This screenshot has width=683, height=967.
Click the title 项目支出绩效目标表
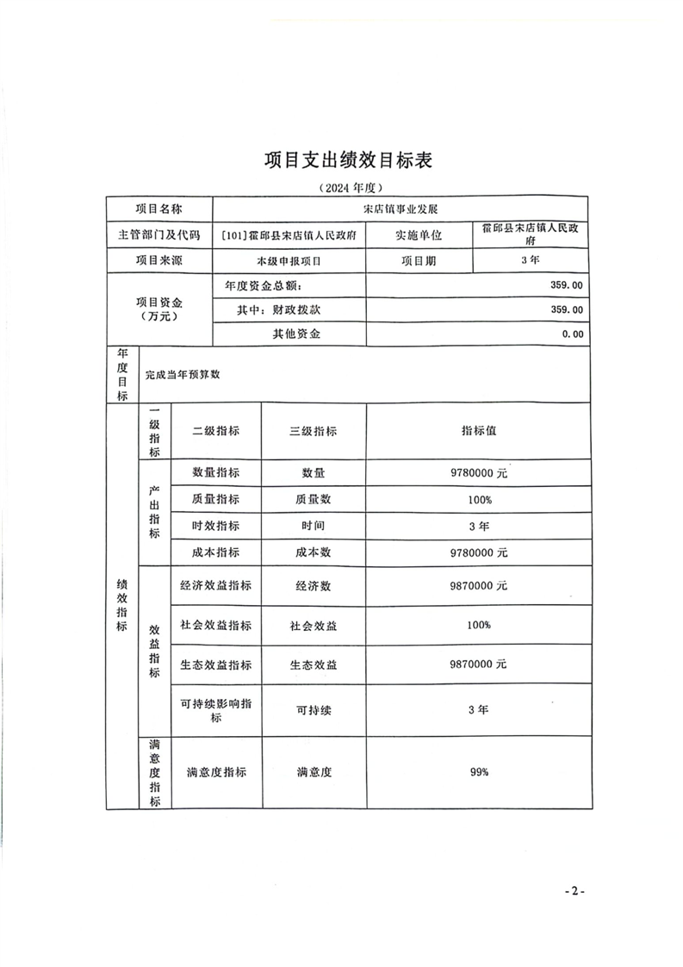pos(348,160)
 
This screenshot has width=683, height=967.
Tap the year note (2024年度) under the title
pos(349,187)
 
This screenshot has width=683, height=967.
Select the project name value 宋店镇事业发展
pos(400,209)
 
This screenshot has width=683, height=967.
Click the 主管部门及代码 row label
pos(158,234)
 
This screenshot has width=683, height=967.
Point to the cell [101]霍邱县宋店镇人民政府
pos(289,234)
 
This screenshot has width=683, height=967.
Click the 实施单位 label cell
pos(419,234)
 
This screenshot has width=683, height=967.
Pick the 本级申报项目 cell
pos(289,260)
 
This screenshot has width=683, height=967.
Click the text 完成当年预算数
pos(183,375)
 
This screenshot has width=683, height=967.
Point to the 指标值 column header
pos(478,431)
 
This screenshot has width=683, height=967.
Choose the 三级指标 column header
pos(313,432)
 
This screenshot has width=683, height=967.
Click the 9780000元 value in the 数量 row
pos(478,473)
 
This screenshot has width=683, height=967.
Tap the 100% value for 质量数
pos(479,500)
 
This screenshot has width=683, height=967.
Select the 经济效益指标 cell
pos(215,585)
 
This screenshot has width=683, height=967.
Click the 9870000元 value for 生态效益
pos(478,664)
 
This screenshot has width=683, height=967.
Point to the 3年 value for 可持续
pos(478,709)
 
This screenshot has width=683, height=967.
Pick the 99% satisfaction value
pos(479,772)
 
